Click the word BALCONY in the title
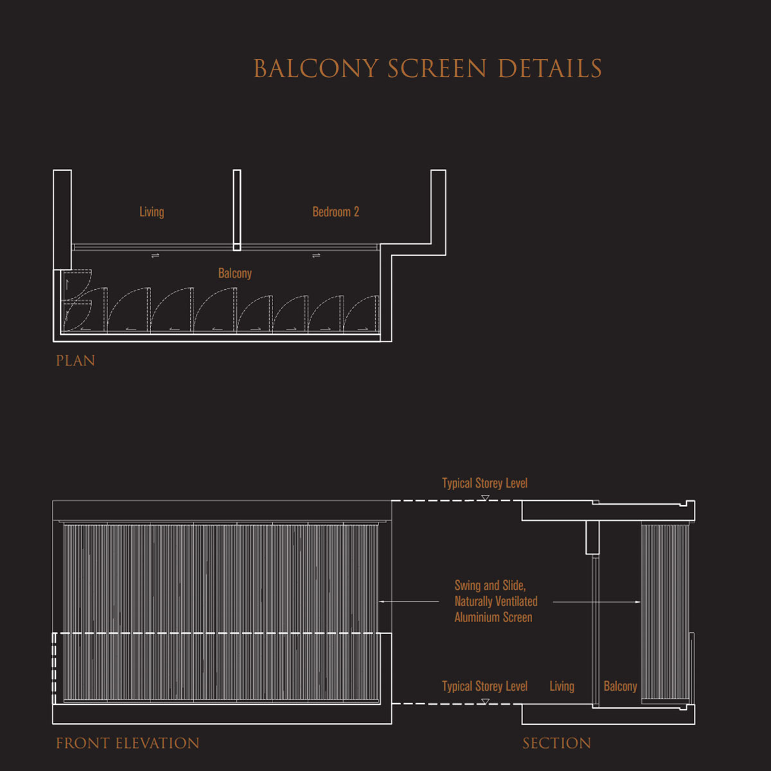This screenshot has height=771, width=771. pyautogui.click(x=316, y=68)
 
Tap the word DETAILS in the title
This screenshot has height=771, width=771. pyautogui.click(x=550, y=68)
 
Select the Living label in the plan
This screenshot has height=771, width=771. pyautogui.click(x=152, y=212)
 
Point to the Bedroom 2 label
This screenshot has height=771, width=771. pyautogui.click(x=335, y=211)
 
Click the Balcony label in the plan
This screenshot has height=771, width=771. pyautogui.click(x=235, y=273)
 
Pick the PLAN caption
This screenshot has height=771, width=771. pyautogui.click(x=76, y=361)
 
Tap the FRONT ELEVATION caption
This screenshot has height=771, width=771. pyautogui.click(x=128, y=743)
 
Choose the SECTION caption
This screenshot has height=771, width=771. pyautogui.click(x=556, y=743)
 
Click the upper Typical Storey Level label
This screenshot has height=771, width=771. pyautogui.click(x=484, y=483)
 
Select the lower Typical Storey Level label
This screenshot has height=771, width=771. pyautogui.click(x=484, y=686)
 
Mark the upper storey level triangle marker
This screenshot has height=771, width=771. pyautogui.click(x=485, y=498)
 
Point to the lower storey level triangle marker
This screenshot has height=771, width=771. pyautogui.click(x=485, y=702)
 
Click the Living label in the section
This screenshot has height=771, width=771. pyautogui.click(x=562, y=686)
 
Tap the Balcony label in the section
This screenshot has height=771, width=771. pyautogui.click(x=620, y=686)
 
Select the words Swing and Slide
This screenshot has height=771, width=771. pyautogui.click(x=490, y=585)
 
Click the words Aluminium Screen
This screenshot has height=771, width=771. pyautogui.click(x=493, y=617)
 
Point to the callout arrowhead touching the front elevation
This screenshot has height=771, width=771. pyautogui.click(x=381, y=601)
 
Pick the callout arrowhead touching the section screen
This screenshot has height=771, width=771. pyautogui.click(x=637, y=602)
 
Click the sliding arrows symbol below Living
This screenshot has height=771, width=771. pyautogui.click(x=155, y=255)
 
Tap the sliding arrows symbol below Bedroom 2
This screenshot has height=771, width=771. pyautogui.click(x=316, y=255)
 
